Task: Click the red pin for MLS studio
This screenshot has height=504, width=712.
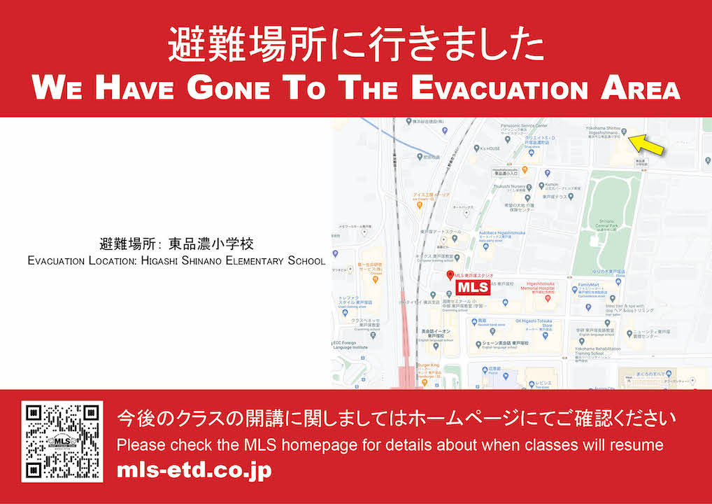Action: pyautogui.click(x=450, y=275)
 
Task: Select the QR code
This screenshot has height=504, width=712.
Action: pyautogui.click(x=62, y=442)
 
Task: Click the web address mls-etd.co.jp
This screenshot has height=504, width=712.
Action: pyautogui.click(x=194, y=470)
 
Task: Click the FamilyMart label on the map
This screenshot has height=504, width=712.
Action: pyautogui.click(x=589, y=285)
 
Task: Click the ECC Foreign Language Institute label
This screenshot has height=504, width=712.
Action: pyautogui.click(x=350, y=344)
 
